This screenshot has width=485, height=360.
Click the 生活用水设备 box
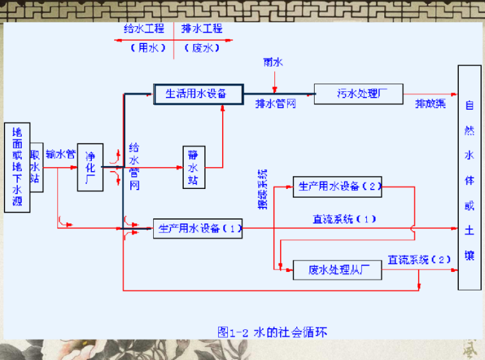(198, 94)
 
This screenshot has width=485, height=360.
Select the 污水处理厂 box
(358, 94)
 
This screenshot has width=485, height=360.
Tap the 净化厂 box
(90, 167)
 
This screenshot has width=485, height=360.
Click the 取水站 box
(36, 167)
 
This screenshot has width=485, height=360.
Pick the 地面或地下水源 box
(17, 167)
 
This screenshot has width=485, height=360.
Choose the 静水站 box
(193, 167)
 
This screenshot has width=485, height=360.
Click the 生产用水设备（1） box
(198, 229)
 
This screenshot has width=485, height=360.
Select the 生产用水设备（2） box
(337, 186)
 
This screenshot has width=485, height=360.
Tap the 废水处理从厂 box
(336, 270)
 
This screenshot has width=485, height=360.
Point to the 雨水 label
(273, 63)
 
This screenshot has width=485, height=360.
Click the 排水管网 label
(276, 104)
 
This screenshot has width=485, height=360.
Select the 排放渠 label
(431, 103)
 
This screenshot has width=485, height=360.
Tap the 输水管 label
(61, 154)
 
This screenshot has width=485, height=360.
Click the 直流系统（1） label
(344, 219)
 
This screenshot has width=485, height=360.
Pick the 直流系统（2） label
(420, 260)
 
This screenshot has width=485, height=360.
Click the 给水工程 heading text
(144, 29)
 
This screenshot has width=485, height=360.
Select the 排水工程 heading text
(202, 29)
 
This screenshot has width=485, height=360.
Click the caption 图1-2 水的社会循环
(272, 332)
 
